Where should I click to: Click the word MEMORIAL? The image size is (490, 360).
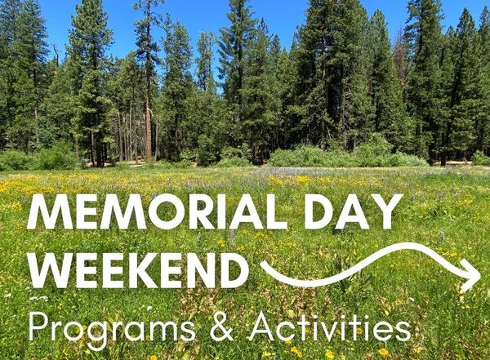(x=157, y=211)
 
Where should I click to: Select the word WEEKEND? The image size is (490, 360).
(x=138, y=270)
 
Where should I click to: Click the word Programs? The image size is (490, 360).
(x=112, y=328)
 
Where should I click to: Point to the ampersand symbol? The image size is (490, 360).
(x=222, y=327)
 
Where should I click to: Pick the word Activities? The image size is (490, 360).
(x=330, y=326)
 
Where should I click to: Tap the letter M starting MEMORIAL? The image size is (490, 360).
(x=47, y=212)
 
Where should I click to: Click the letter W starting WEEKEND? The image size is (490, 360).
(x=52, y=270)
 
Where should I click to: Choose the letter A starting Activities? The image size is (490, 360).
(x=263, y=327)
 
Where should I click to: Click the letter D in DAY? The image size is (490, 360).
(x=320, y=212)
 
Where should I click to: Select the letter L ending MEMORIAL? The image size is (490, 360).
(x=276, y=212)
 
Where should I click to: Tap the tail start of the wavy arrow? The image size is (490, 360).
(x=262, y=264)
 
